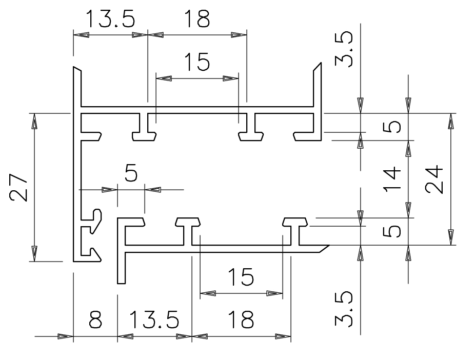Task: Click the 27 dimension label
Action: click(x=19, y=188)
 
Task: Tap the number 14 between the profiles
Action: click(x=392, y=179)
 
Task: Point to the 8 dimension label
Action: click(x=95, y=321)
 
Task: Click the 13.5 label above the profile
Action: click(x=110, y=19)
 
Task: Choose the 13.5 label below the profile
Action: click(x=154, y=321)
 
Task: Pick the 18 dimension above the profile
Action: click(x=197, y=19)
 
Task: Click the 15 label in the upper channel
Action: click(x=197, y=63)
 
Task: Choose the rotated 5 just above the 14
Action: click(x=392, y=126)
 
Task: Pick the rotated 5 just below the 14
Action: click(x=392, y=231)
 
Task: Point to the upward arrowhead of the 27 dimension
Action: click(x=34, y=122)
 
